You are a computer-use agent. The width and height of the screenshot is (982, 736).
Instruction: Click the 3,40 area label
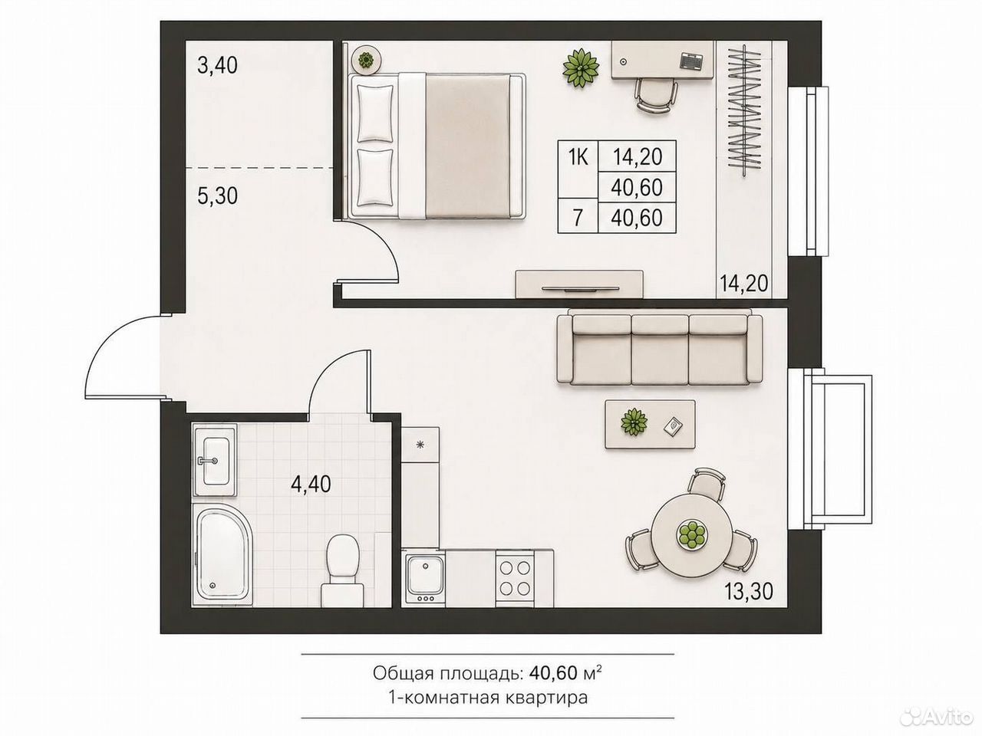217,66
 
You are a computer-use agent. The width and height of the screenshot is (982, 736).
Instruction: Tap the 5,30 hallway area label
217,195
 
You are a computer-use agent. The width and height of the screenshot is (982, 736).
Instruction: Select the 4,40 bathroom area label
311,484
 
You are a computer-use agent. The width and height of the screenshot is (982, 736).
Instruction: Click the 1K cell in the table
578,156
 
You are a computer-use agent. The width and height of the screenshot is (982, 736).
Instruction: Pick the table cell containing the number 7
578,218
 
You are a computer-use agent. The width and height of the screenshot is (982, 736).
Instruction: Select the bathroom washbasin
215,460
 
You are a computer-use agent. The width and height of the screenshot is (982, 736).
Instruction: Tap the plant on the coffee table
634,422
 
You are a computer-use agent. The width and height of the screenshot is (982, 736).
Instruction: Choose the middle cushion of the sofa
660,350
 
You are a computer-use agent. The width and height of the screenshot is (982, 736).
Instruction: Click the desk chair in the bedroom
655,96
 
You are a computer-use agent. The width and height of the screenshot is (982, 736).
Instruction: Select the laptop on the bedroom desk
691,60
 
